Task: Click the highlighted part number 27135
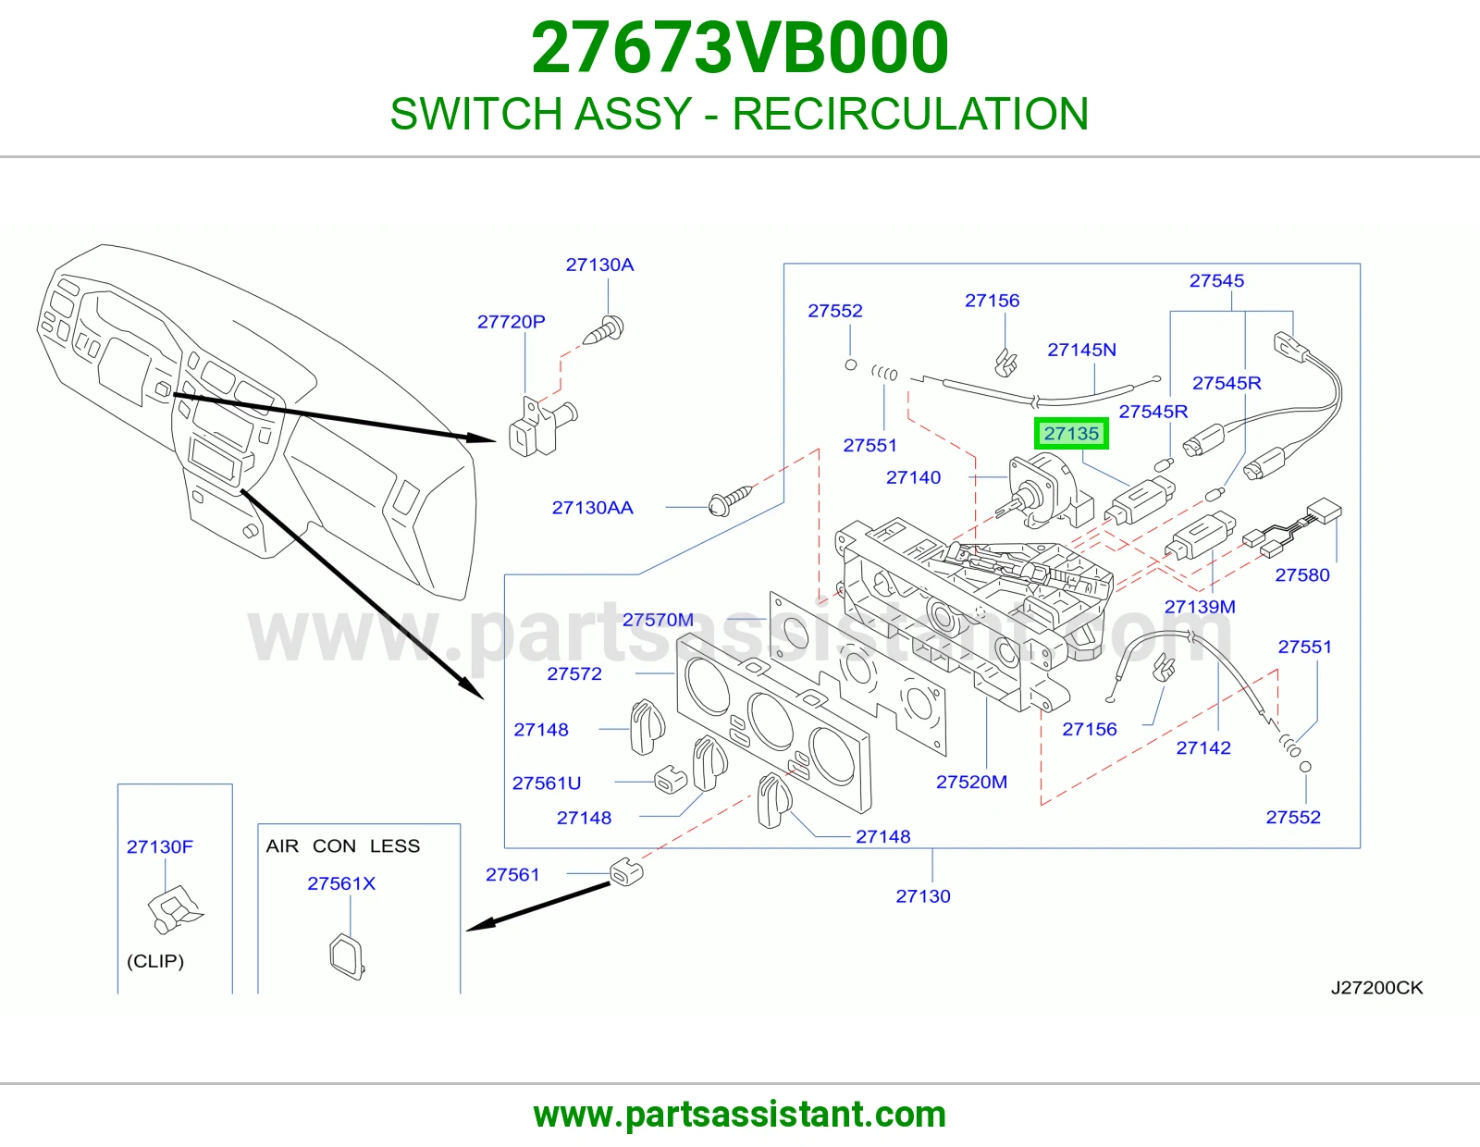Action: pos(1071,434)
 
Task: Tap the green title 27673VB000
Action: pos(740,48)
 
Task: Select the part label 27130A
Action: pos(599,265)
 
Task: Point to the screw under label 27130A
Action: pos(603,331)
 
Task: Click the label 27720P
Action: pos(511,322)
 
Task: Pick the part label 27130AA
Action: pos(593,508)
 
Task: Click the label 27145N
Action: pos(1081,350)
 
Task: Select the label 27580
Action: pos(1302,575)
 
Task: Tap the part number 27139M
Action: pos(1200,607)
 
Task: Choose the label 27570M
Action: pos(658,620)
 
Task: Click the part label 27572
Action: pos(574,673)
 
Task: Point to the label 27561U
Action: pos(547,783)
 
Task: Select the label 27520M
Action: pos(971,782)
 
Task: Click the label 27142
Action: pos(1203,748)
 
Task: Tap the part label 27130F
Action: pos(160,846)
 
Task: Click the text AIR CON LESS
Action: pos(343,846)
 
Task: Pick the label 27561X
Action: pos(341,883)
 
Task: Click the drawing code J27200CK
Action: pos(1377,988)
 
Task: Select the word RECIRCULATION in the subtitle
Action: pos(910,114)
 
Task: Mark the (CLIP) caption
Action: pos(155,961)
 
